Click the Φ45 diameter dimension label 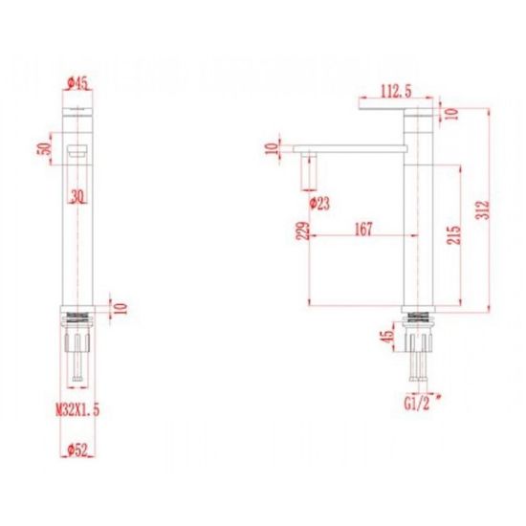(77, 82)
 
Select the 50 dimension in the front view (44, 148)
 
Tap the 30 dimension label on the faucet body (77, 196)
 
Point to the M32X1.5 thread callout (77, 409)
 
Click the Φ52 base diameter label (77, 449)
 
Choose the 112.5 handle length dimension (396, 91)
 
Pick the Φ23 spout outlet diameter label (319, 204)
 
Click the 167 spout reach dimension (364, 229)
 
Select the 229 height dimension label (303, 230)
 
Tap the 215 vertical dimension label (453, 235)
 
